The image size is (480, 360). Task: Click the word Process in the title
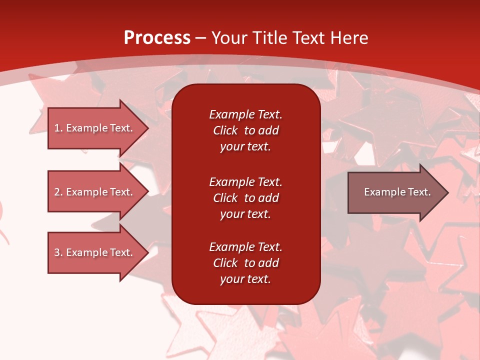click(x=157, y=38)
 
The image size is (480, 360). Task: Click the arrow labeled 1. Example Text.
click(x=98, y=128)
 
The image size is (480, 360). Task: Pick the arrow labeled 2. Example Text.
click(x=98, y=191)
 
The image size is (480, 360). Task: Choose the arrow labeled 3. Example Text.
click(x=98, y=252)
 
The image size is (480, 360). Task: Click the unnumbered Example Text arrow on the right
click(x=398, y=192)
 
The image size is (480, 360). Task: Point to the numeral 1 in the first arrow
click(x=57, y=128)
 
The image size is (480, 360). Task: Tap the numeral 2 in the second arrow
click(x=57, y=192)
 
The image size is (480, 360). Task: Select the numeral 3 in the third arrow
click(x=57, y=252)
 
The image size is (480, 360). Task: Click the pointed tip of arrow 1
click(x=149, y=128)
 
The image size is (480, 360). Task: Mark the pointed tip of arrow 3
click(x=149, y=252)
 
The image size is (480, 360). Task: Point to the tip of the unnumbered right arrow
click(x=449, y=192)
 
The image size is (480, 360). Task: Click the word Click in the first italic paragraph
click(x=225, y=130)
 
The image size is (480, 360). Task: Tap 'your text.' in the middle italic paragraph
click(x=245, y=214)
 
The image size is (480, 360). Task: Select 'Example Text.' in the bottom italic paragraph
click(x=245, y=246)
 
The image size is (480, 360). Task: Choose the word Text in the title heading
click(x=309, y=38)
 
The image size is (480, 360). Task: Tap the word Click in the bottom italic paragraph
click(x=225, y=262)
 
